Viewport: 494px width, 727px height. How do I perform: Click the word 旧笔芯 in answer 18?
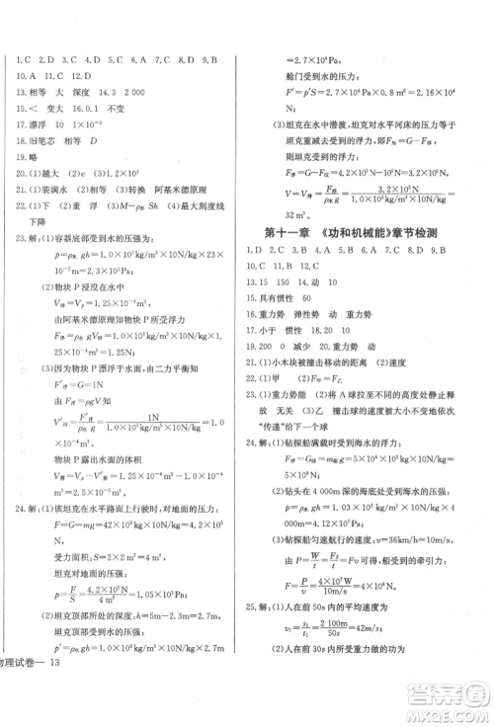pos(46,142)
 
